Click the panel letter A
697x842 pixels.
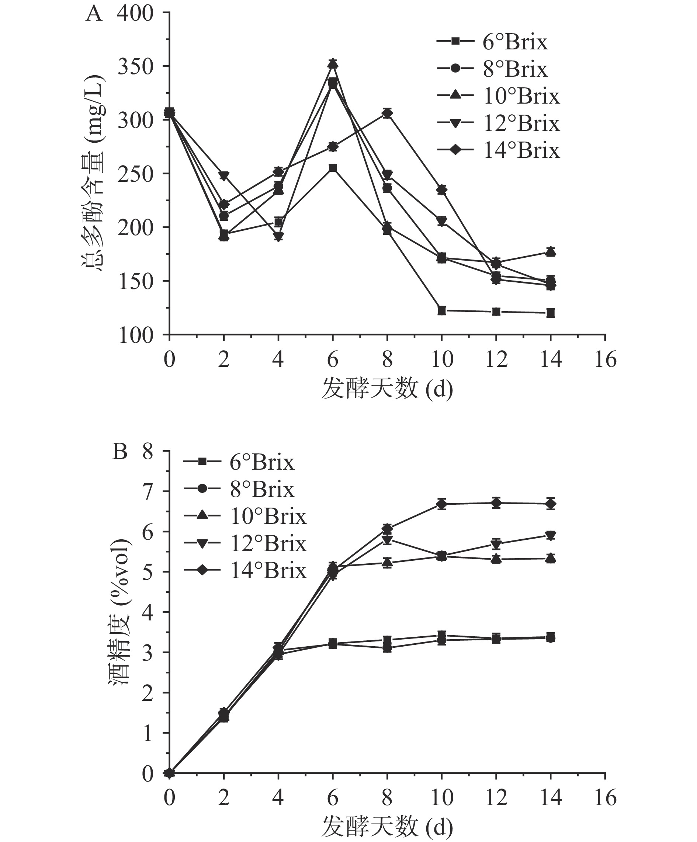[x=94, y=14]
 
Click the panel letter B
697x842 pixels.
[x=120, y=452]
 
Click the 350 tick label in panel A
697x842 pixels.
[x=135, y=67]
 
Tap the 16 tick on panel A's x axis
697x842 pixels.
[x=605, y=359]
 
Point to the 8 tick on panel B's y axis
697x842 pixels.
[x=148, y=452]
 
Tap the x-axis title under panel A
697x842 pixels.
[x=387, y=389]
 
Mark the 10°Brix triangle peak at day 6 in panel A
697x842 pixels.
[x=333, y=64]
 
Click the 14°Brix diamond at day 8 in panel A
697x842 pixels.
[x=387, y=114]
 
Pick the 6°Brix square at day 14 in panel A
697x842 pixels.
[x=551, y=313]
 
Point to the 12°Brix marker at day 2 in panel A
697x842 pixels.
[x=224, y=175]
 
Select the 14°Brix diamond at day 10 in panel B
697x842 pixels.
[x=441, y=504]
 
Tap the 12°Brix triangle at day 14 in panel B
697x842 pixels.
[x=551, y=536]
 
